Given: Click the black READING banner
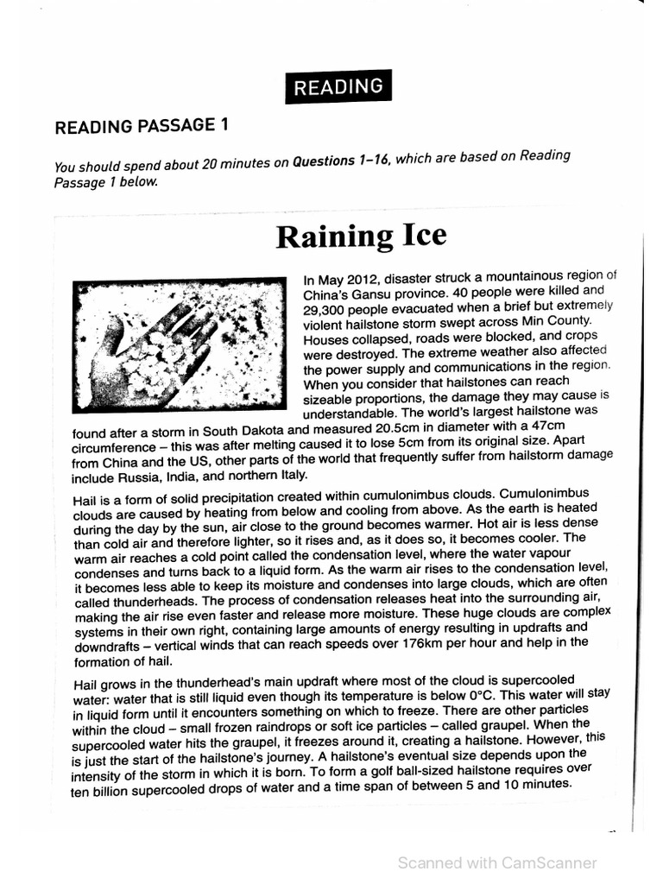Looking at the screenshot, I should tap(338, 86).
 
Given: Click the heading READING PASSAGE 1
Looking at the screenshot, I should tap(142, 126).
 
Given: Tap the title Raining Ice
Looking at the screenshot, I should tap(361, 236).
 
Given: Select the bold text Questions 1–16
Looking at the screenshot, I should tap(339, 161).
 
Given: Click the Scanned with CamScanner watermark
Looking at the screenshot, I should tap(496, 862).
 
